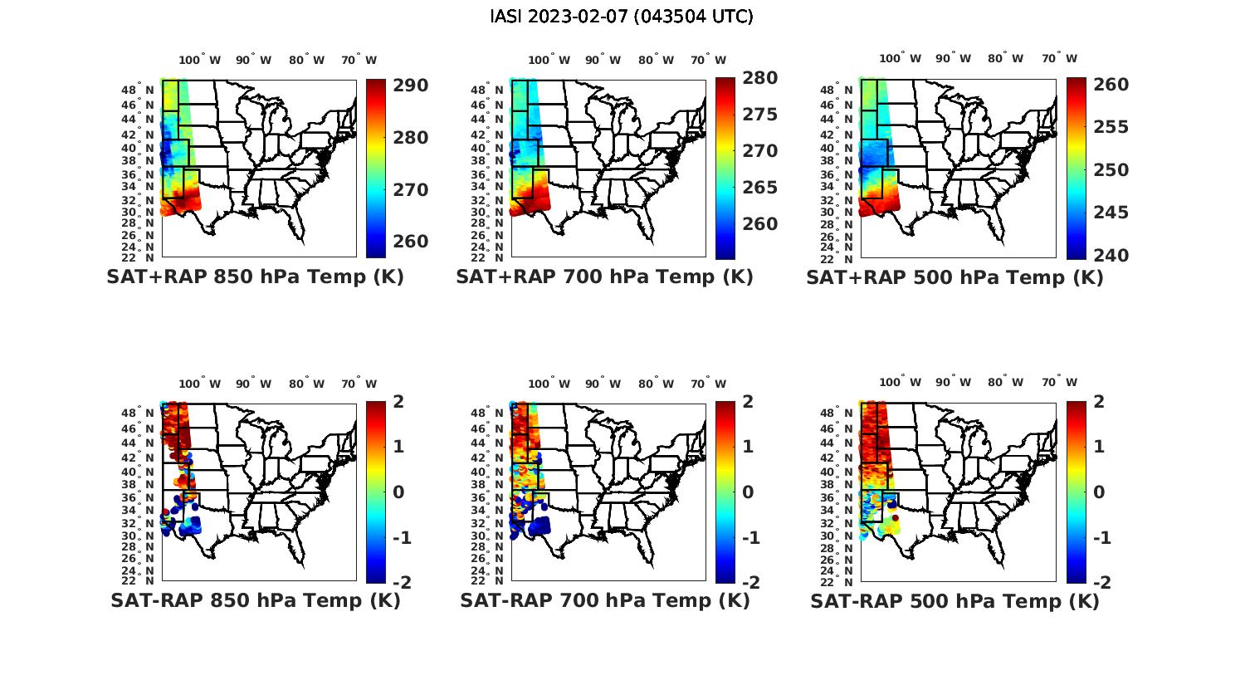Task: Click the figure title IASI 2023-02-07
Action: coord(622,17)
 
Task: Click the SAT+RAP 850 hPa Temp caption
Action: coord(255,276)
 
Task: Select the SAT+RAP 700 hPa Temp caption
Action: coord(604,276)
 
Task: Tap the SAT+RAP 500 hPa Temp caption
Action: coord(954,277)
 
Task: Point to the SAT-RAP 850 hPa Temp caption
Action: coord(255,600)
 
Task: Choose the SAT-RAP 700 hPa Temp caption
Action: coord(604,600)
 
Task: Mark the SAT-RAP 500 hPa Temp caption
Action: coord(954,601)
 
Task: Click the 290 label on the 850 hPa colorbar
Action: coord(411,86)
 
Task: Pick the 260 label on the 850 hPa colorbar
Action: coord(411,242)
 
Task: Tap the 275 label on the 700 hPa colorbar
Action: coord(760,115)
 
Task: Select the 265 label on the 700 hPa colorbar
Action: coord(760,188)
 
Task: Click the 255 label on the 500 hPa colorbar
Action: coord(1111,127)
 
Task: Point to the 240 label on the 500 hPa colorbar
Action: coord(1111,256)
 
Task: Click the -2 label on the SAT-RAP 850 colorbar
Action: coord(403,582)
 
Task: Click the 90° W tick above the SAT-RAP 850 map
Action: coord(253,384)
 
